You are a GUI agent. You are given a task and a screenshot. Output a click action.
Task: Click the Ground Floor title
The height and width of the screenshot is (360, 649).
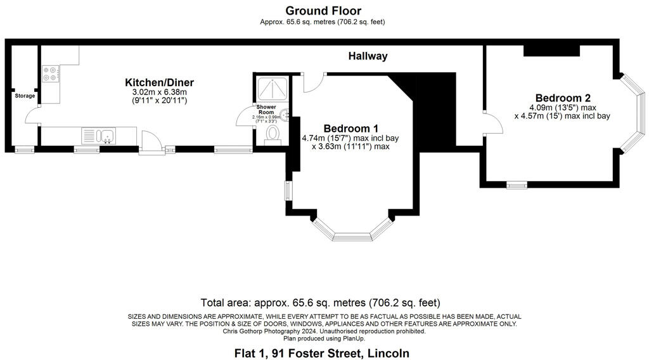tap(323, 11)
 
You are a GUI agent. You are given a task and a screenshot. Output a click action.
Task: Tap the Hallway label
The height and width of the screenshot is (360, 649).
tap(368, 56)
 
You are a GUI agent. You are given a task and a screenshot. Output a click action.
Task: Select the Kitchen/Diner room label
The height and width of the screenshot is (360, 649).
tap(159, 82)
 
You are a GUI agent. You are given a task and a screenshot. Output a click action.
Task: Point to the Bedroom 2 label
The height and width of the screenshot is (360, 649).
tap(563, 98)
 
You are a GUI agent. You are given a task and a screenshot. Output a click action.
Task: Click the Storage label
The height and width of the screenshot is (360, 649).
tap(25, 96)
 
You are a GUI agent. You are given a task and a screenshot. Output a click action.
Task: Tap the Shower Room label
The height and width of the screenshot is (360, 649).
tap(266, 110)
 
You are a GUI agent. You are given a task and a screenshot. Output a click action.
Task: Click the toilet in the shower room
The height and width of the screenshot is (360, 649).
tap(273, 134)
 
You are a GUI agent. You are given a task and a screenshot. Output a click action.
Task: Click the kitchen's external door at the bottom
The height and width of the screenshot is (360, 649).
tap(150, 143)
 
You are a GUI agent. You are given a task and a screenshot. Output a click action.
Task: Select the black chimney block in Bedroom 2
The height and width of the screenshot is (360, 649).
tap(551, 51)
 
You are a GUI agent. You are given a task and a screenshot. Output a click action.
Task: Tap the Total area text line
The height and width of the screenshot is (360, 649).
tap(320, 302)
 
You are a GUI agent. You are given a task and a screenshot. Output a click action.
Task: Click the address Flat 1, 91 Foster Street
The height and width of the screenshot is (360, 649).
tap(320, 353)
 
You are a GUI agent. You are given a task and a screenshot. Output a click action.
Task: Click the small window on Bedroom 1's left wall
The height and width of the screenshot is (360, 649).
tap(288, 190)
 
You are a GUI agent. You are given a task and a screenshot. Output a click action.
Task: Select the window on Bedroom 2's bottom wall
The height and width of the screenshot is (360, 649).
tap(517, 185)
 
